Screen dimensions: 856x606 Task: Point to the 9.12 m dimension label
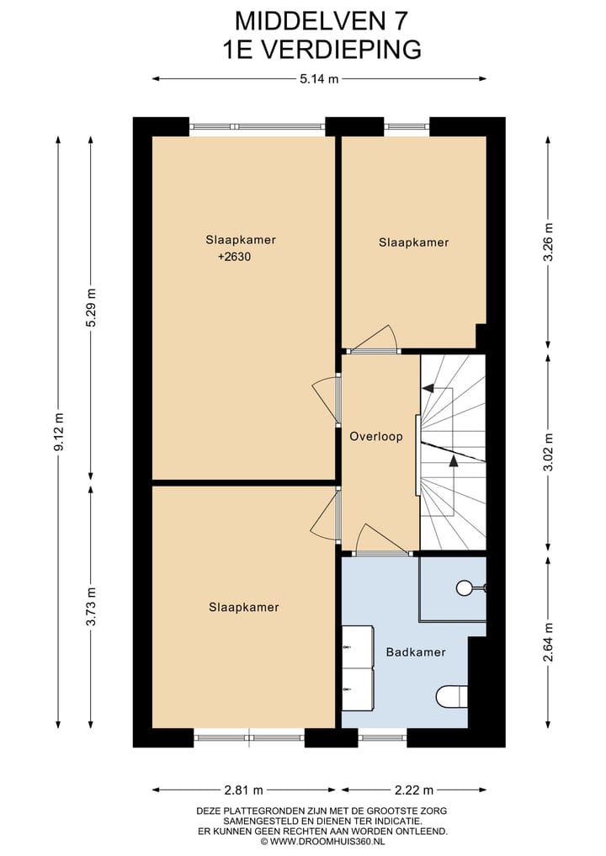point(58,432)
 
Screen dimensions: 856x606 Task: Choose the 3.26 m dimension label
point(549,242)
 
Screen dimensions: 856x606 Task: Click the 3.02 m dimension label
point(549,452)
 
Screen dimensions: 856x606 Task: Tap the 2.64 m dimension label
point(549,641)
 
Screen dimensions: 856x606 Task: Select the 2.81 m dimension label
point(245,790)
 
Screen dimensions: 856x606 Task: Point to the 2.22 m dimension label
point(413,790)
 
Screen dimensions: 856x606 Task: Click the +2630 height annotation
point(234,257)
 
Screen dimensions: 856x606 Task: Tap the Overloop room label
point(376,437)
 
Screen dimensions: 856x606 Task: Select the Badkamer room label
point(416,651)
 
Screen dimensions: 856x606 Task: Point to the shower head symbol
point(465,588)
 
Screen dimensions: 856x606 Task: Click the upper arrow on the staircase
point(429,388)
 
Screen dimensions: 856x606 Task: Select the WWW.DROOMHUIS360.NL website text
point(322,840)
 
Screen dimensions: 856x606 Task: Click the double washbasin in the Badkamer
point(358,668)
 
